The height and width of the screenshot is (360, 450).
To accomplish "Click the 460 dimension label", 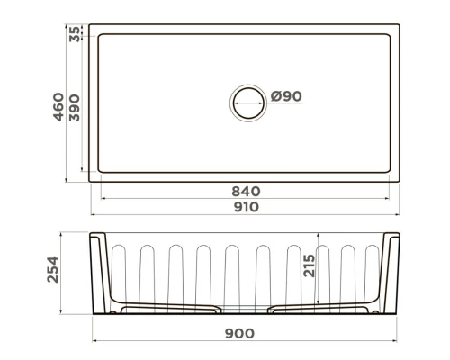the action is pyautogui.click(x=58, y=107).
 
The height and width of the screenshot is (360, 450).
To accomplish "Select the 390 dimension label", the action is pyautogui.click(x=75, y=108).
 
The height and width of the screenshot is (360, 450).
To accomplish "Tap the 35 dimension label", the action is pyautogui.click(x=75, y=34).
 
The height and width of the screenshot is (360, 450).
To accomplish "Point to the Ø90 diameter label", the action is pyautogui.click(x=286, y=96).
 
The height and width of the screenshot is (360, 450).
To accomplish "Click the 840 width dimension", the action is pyautogui.click(x=246, y=192).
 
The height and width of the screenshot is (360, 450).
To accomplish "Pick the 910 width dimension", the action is pyautogui.click(x=246, y=207).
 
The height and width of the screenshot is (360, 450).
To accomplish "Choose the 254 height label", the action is pyautogui.click(x=53, y=269).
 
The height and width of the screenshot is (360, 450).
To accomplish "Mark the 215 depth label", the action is pyautogui.click(x=310, y=265).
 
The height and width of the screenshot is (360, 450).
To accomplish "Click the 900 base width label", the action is pyautogui.click(x=239, y=333).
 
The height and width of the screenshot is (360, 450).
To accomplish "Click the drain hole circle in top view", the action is pyautogui.click(x=248, y=87).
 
